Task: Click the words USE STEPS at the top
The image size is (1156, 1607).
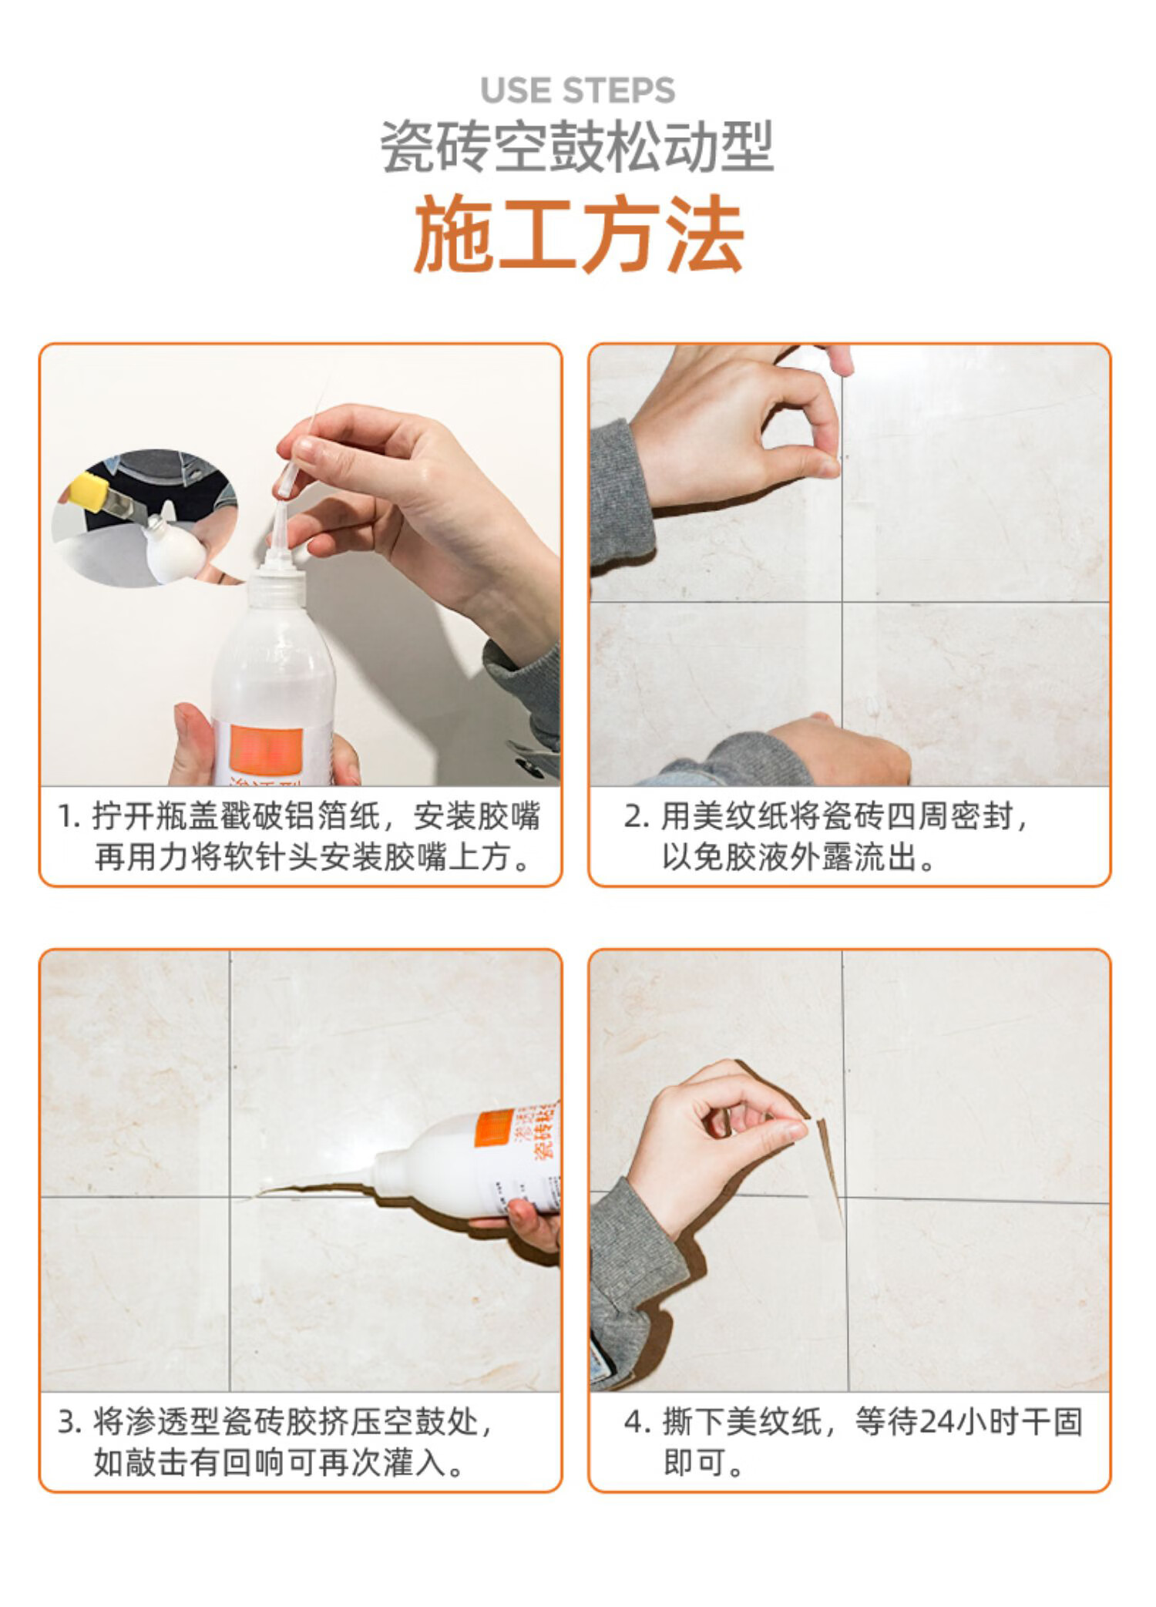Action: [577, 90]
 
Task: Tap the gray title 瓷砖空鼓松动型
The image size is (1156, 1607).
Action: [578, 147]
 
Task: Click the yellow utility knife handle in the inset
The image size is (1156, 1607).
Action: [86, 493]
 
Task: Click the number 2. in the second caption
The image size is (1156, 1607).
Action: [637, 818]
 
